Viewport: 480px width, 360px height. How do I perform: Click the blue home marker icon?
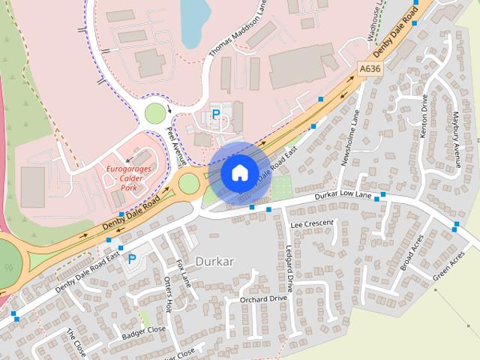click(x=238, y=172)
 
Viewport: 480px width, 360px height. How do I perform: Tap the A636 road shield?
click(x=369, y=68)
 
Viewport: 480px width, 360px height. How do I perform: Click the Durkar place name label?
click(x=214, y=262)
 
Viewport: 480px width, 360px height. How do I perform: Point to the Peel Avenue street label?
click(x=177, y=142)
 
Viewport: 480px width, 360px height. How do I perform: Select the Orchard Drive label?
click(x=263, y=298)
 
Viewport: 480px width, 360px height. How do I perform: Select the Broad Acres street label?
click(x=412, y=252)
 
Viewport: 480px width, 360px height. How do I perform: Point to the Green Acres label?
click(x=448, y=266)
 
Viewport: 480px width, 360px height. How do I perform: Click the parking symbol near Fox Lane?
click(x=132, y=259)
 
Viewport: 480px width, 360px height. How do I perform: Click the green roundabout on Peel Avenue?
click(x=154, y=113)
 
